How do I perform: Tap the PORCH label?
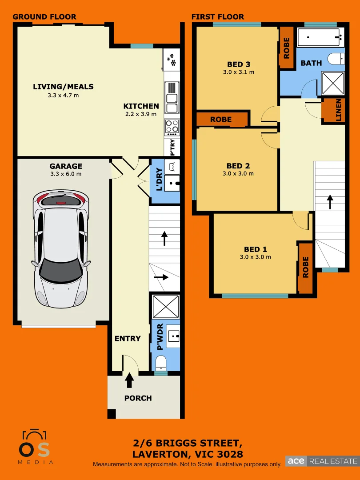138,398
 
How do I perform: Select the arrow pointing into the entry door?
129,380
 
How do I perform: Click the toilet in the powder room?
160,362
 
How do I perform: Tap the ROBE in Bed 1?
305,267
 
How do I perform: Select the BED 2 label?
238,166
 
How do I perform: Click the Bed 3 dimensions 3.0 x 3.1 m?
238,72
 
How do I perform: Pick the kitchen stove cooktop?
172,127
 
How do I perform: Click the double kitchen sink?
172,97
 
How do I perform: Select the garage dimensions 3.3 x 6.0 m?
65,174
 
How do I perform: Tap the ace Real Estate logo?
321,461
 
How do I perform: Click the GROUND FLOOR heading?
44,17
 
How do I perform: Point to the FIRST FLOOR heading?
218,17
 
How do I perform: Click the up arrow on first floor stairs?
330,201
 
